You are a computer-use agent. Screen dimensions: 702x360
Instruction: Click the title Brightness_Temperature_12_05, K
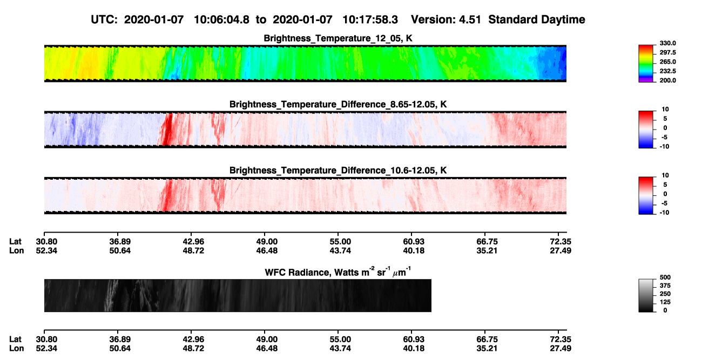pyautogui.click(x=338, y=38)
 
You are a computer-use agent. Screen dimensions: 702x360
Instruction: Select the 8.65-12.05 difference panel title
pyautogui.click(x=338, y=104)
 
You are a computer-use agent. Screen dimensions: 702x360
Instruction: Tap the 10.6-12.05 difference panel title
pyautogui.click(x=338, y=171)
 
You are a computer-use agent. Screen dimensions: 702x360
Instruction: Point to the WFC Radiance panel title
pyautogui.click(x=338, y=271)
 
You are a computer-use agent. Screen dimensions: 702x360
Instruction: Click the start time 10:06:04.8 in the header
pyautogui.click(x=221, y=19)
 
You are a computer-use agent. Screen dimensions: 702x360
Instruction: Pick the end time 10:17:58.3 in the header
pyautogui.click(x=370, y=19)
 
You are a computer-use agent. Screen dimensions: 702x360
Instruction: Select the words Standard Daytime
pyautogui.click(x=537, y=20)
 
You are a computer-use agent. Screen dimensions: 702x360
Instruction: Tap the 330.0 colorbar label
pyautogui.click(x=667, y=43)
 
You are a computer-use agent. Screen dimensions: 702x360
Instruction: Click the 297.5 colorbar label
pyautogui.click(x=667, y=52)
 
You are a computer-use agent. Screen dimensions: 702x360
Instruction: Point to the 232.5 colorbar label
pyautogui.click(x=667, y=71)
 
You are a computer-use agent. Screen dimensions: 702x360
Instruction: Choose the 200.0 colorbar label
pyautogui.click(x=667, y=80)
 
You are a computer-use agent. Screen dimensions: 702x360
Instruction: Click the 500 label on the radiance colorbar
pyautogui.click(x=665, y=277)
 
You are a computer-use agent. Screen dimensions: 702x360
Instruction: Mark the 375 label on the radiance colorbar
pyautogui.click(x=665, y=286)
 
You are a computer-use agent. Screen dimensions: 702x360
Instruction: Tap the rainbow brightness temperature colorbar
pyautogui.click(x=646, y=64)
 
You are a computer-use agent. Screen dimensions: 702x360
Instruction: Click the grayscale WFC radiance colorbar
pyautogui.click(x=646, y=295)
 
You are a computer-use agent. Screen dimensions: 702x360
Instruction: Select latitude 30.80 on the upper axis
pyautogui.click(x=46, y=242)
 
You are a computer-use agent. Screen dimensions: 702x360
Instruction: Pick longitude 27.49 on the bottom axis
pyautogui.click(x=561, y=349)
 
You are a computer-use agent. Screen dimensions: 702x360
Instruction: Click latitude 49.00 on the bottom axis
pyautogui.click(x=267, y=339)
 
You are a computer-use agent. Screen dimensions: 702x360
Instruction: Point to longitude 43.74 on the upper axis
pyautogui.click(x=340, y=250)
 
